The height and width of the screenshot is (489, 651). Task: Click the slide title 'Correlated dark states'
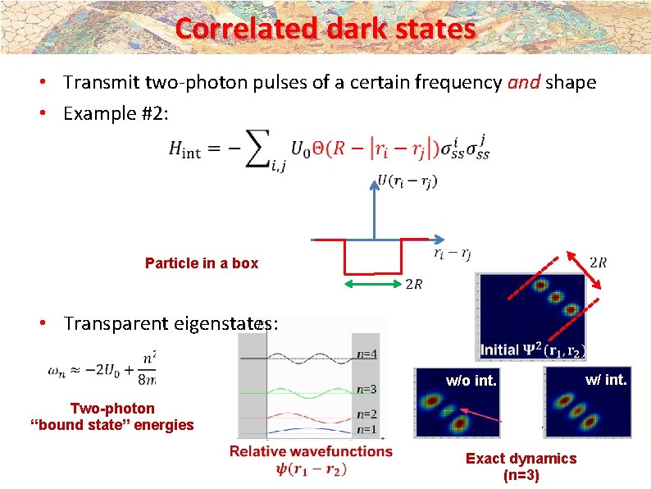(x=325, y=29)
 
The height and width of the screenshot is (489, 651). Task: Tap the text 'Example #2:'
(x=116, y=113)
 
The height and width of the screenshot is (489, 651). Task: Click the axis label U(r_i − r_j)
(x=407, y=182)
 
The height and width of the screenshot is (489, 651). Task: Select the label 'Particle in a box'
(x=201, y=263)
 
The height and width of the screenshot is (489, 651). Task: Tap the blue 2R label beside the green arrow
(x=415, y=285)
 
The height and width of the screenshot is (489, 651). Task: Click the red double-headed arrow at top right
(x=582, y=268)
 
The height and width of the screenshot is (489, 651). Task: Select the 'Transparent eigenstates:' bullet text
(x=171, y=324)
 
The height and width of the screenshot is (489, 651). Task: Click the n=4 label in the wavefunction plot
(x=367, y=354)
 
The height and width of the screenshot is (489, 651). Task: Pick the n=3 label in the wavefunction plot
(x=367, y=389)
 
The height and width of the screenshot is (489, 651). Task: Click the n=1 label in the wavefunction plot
(x=367, y=428)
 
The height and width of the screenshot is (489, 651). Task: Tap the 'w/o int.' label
(x=471, y=380)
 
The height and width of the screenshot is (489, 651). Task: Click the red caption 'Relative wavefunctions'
(x=311, y=450)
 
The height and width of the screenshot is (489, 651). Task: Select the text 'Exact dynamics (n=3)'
(x=521, y=466)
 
